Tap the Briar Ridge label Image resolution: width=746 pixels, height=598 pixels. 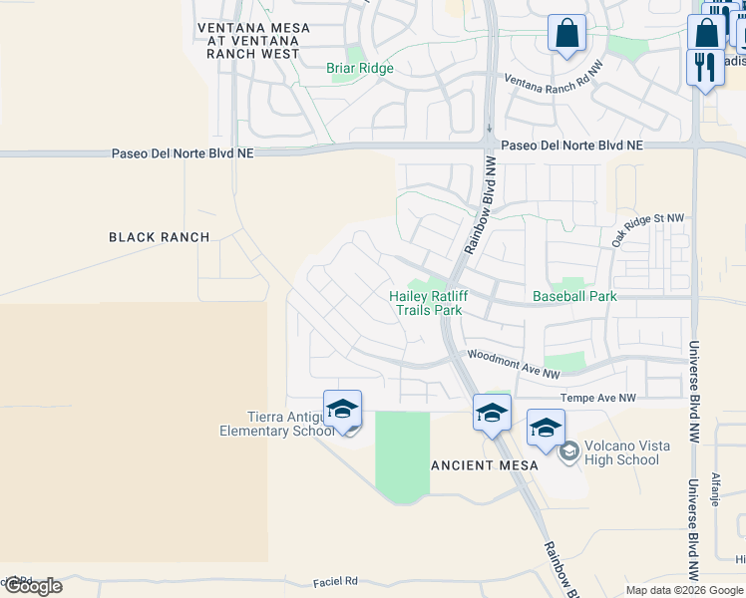pyautogui.click(x=360, y=69)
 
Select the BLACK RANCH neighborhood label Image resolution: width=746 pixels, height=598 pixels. pyautogui.click(x=159, y=237)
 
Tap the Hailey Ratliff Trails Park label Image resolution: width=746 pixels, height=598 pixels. pyautogui.click(x=429, y=303)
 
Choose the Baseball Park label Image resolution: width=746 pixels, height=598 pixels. pyautogui.click(x=574, y=296)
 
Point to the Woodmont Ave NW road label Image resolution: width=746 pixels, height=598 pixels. pyautogui.click(x=514, y=363)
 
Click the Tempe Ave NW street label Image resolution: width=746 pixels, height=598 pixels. pyautogui.click(x=597, y=398)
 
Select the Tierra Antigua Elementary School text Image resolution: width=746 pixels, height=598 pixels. pyautogui.click(x=277, y=425)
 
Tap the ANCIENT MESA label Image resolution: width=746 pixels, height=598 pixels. pyautogui.click(x=485, y=465)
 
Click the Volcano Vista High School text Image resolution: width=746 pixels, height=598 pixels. pyautogui.click(x=623, y=453)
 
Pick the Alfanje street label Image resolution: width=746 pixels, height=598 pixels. pyautogui.click(x=715, y=488)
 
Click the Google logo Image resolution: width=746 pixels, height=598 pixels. pyautogui.click(x=33, y=586)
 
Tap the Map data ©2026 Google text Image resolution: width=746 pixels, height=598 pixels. pyautogui.click(x=684, y=590)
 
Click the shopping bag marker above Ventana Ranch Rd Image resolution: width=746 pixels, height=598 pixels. pyautogui.click(x=566, y=33)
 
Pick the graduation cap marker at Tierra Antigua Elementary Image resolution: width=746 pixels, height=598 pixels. pyautogui.click(x=342, y=410)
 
